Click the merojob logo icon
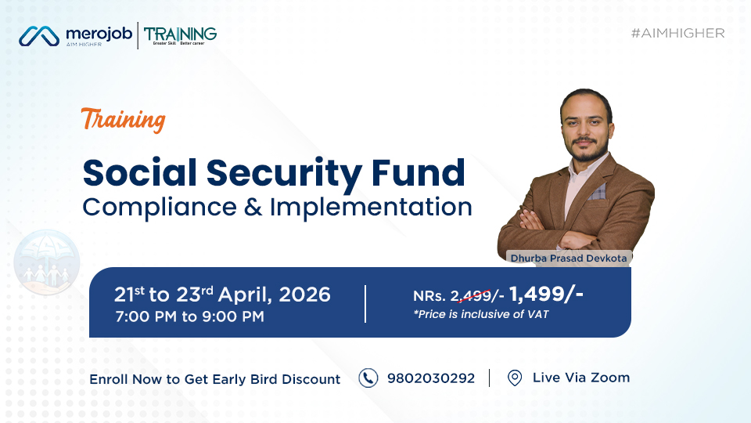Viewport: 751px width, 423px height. (x=39, y=36)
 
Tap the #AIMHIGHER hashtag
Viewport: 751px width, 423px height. (x=677, y=33)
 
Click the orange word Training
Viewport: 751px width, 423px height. (x=124, y=120)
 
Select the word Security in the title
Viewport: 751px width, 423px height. (x=284, y=174)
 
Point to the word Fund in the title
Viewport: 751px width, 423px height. (x=418, y=172)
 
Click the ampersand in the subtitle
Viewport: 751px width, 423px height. (x=253, y=207)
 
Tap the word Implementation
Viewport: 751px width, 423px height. (x=371, y=208)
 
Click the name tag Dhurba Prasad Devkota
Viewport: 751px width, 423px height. (x=569, y=258)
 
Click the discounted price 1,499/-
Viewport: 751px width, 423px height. (x=546, y=294)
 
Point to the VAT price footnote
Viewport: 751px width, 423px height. (x=481, y=314)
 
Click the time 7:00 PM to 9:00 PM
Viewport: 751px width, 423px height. (x=189, y=316)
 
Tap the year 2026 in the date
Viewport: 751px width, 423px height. (x=304, y=295)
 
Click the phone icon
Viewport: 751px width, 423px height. (x=368, y=378)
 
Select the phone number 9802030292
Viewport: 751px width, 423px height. (x=431, y=378)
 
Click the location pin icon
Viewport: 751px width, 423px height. (x=515, y=378)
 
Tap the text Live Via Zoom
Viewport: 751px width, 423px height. (x=581, y=378)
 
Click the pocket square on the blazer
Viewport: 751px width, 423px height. (x=597, y=193)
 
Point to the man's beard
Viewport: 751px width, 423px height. (x=587, y=150)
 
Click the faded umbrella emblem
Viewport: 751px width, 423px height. (x=46, y=262)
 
